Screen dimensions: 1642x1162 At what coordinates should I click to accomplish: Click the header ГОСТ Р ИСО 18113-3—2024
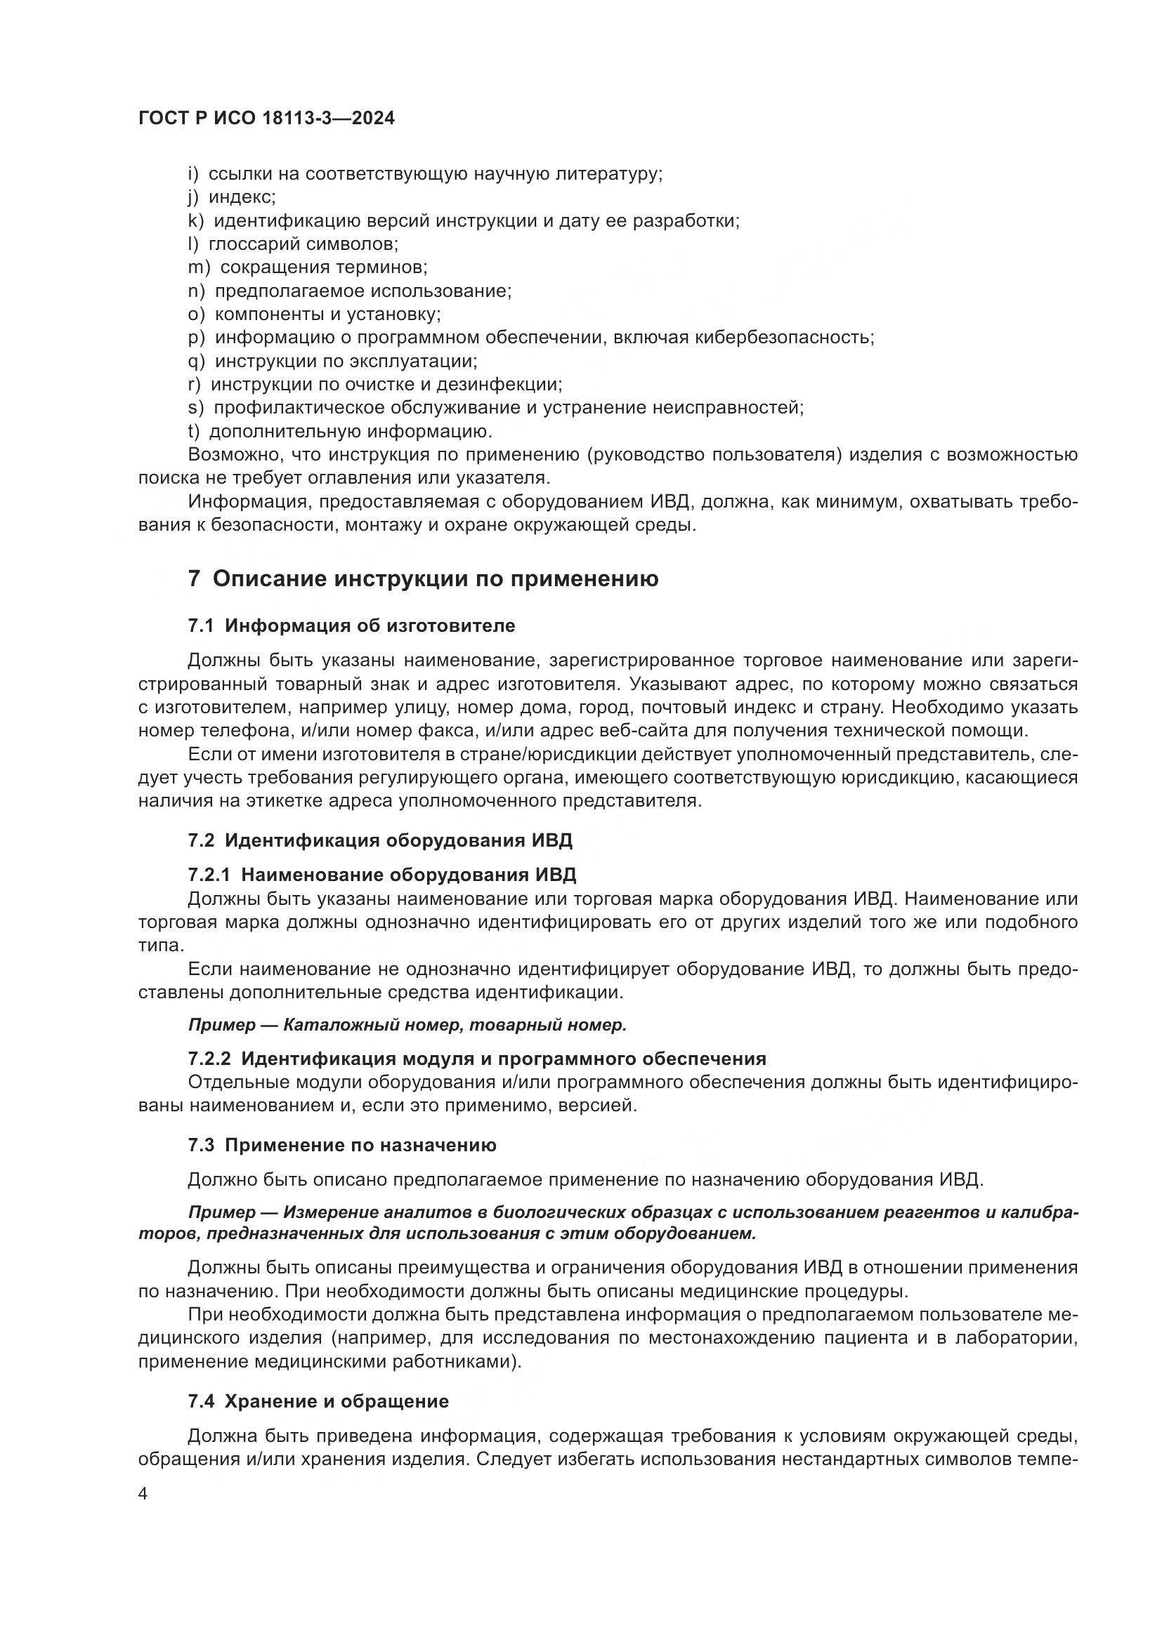pos(266,119)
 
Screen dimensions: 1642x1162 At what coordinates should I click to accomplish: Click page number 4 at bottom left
pos(143,1495)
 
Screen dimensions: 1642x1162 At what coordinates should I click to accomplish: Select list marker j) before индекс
pos(193,197)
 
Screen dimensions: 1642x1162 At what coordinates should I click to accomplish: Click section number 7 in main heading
pos(194,578)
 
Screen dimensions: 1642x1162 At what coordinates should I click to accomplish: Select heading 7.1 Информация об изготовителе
pos(351,625)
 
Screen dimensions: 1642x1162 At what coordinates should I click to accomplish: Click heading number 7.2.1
pos(209,875)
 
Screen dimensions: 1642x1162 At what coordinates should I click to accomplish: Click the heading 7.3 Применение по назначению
pos(342,1146)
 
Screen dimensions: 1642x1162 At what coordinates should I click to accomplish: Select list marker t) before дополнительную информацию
pos(193,431)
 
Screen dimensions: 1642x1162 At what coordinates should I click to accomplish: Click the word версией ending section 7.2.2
pos(605,1106)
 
